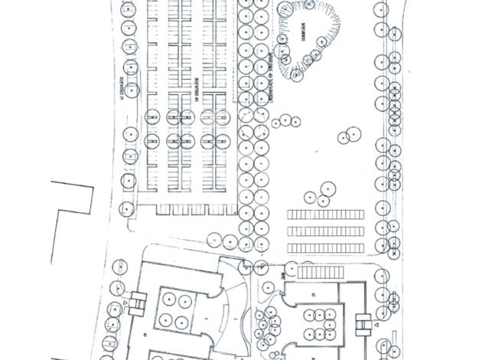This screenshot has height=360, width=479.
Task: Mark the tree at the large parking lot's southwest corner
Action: pyautogui.click(x=127, y=208)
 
